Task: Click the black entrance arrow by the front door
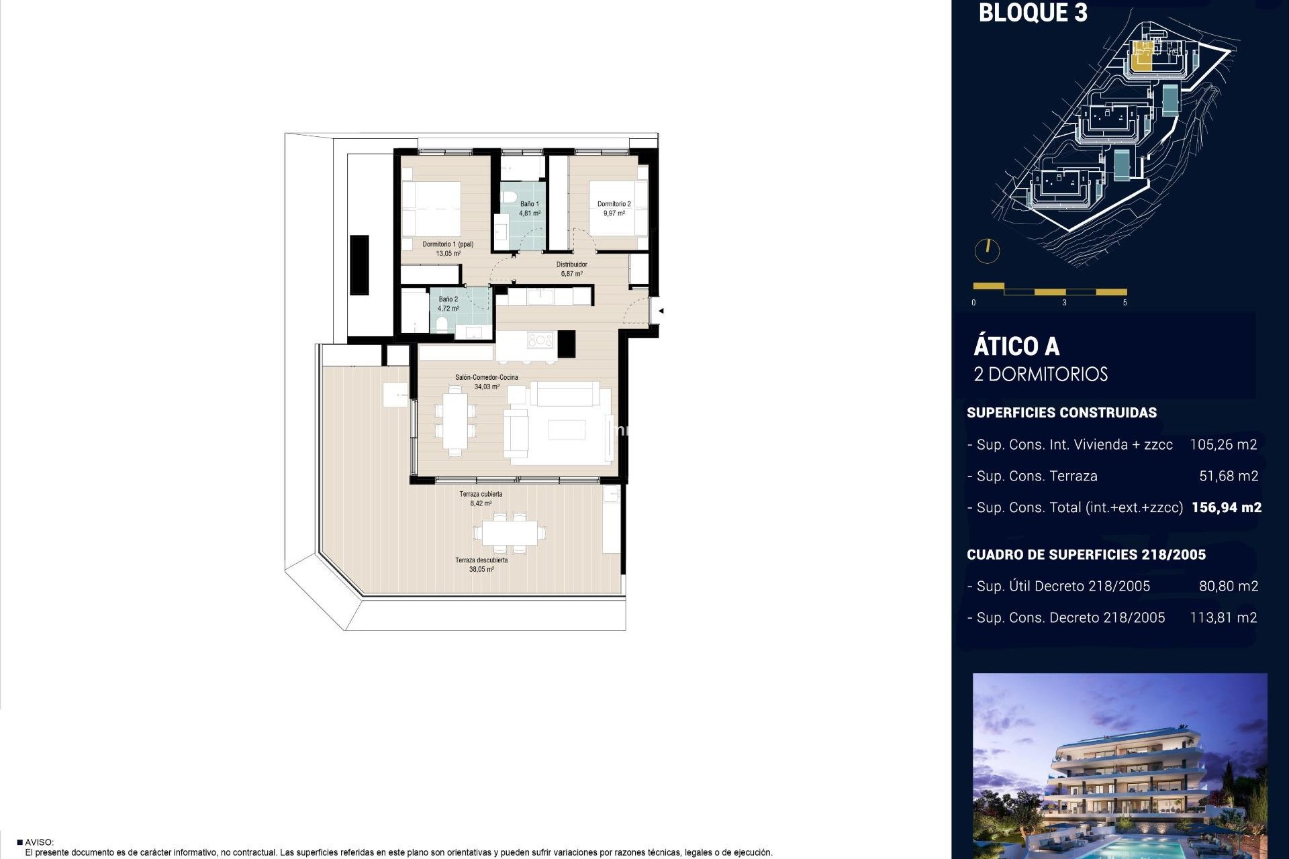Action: pos(661,311)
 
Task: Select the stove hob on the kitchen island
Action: pos(540,340)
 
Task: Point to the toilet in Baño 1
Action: pos(510,197)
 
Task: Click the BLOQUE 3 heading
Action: pos(1033,13)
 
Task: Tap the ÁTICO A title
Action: pos(1016,347)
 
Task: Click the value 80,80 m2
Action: pos(1228,586)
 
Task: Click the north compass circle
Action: pos(987,250)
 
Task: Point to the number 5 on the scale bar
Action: pos(1125,303)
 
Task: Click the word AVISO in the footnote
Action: pos(39,842)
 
